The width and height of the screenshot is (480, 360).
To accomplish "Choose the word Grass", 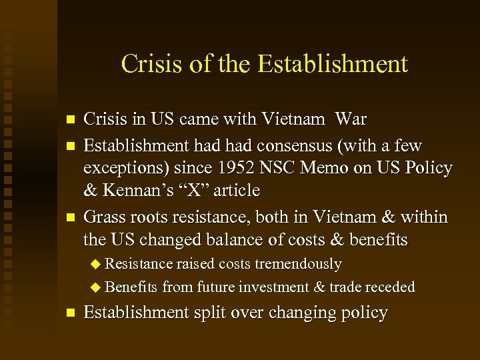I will pyautogui.click(x=103, y=217).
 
